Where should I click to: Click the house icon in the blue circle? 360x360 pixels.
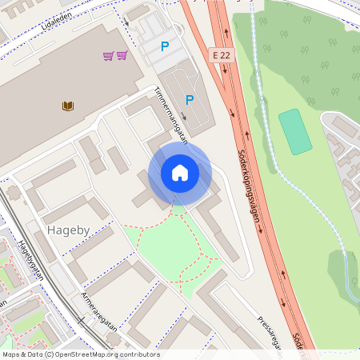(x=180, y=173)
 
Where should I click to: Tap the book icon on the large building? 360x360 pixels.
(x=68, y=105)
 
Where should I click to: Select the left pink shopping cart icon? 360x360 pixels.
(x=108, y=55)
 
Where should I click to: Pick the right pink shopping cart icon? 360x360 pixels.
(x=122, y=55)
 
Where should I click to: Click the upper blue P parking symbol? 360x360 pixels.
(x=165, y=46)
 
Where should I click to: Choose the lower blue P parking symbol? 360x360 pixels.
(x=190, y=100)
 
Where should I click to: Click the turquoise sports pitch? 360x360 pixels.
(x=295, y=132)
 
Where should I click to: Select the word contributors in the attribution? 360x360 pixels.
(x=137, y=354)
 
